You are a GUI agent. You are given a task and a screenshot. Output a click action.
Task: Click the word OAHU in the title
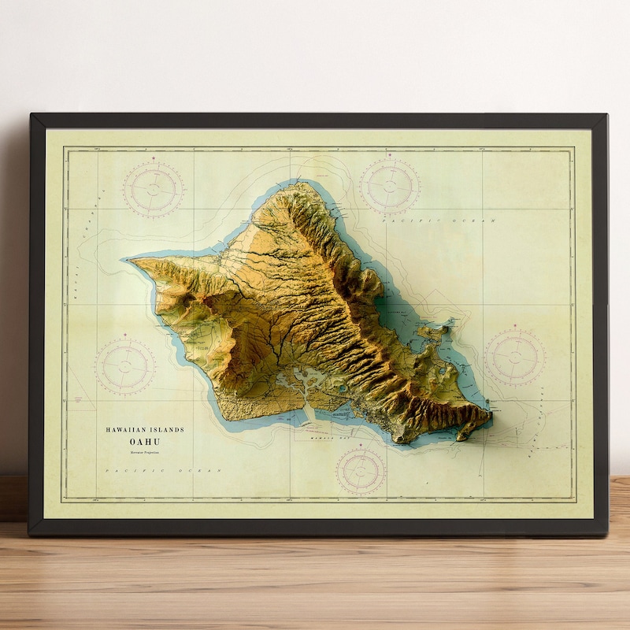pos(145,441)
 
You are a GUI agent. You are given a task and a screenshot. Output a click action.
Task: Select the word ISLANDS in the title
pos(169,429)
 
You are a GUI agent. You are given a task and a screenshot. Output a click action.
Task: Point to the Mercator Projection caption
pos(145,452)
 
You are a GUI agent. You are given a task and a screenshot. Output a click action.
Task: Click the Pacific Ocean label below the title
pos(161,471)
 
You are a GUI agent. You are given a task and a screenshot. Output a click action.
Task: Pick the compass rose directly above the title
pos(126,367)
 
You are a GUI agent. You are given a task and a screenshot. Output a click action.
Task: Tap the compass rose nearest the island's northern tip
pos(390,186)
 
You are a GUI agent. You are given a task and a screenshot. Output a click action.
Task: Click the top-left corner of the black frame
pos(32,116)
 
